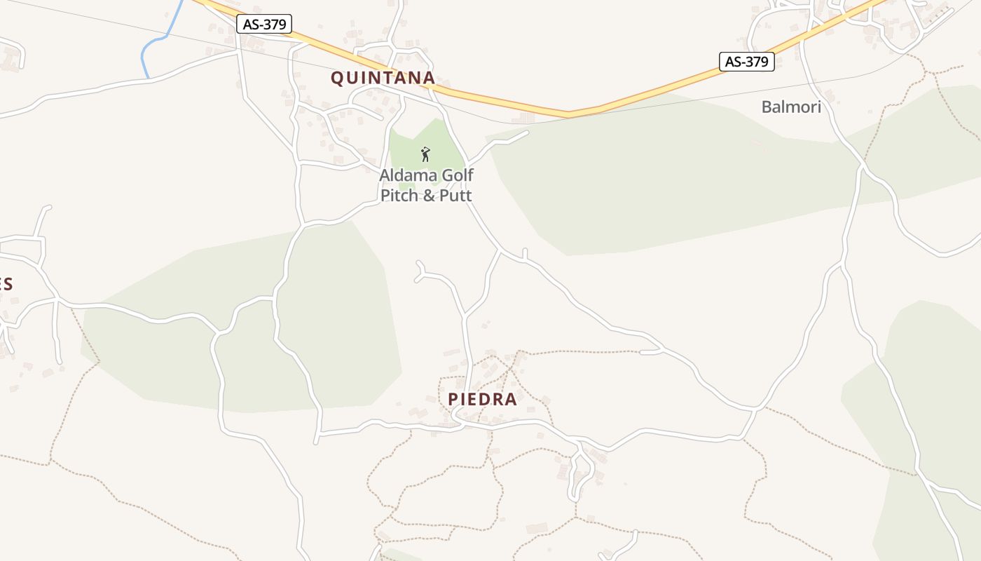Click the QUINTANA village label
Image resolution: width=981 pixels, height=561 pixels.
pyautogui.click(x=383, y=78)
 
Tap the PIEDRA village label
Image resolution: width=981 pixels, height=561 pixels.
pyautogui.click(x=482, y=399)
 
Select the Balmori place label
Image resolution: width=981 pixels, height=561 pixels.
pyautogui.click(x=791, y=107)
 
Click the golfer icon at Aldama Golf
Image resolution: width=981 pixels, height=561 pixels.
pyautogui.click(x=425, y=154)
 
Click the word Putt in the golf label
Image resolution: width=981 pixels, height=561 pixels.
pyautogui.click(x=456, y=195)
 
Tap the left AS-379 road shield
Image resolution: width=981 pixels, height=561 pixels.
pyautogui.click(x=265, y=25)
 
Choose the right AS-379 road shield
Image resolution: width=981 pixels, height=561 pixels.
pyautogui.click(x=746, y=62)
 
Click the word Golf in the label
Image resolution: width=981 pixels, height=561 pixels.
pyautogui.click(x=457, y=175)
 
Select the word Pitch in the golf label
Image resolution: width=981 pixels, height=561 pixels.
pyautogui.click(x=400, y=195)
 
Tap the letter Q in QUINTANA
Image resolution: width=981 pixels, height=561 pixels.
pyautogui.click(x=337, y=78)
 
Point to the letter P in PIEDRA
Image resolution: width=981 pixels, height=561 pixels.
pyautogui.click(x=453, y=399)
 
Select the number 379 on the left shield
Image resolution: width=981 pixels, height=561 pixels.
pyautogui.click(x=273, y=25)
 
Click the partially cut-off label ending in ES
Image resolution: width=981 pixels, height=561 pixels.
pyautogui.click(x=6, y=284)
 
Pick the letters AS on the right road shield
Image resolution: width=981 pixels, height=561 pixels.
pyautogui.click(x=734, y=62)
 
